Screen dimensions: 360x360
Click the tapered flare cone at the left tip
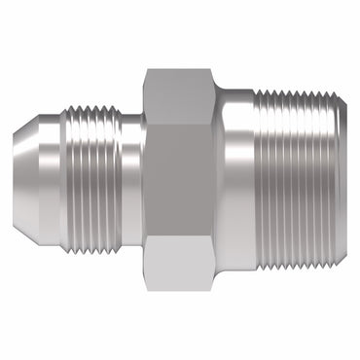coord(26,181)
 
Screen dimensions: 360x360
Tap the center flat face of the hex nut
coord(179,181)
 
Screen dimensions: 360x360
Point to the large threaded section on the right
coord(302,181)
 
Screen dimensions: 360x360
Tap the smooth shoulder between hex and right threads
coord(235,181)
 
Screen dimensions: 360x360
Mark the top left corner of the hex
coord(145,70)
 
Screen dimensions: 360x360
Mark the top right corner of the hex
coord(214,70)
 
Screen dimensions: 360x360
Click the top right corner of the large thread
coord(345,93)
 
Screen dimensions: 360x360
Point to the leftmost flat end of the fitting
coord(14,181)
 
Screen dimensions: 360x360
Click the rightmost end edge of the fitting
coord(346,181)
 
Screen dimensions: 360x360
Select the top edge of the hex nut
coord(179,70)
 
